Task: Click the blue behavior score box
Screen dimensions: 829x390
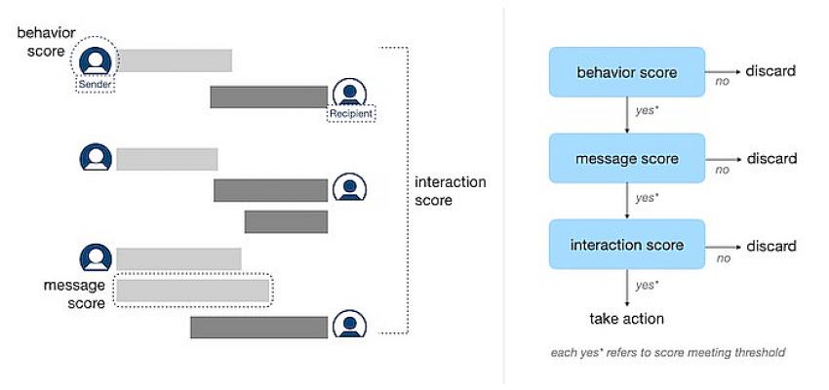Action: pyautogui.click(x=626, y=72)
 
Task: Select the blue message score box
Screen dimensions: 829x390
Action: pyautogui.click(x=626, y=159)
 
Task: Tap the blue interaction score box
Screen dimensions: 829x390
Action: pyautogui.click(x=626, y=245)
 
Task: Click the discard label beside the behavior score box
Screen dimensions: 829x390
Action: pyautogui.click(x=770, y=71)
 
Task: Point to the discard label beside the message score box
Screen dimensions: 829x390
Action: pyautogui.click(x=771, y=158)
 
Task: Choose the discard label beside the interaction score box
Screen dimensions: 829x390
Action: pyautogui.click(x=771, y=246)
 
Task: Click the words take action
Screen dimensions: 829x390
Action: pyautogui.click(x=626, y=319)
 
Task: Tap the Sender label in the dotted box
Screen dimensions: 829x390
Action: pyautogui.click(x=96, y=85)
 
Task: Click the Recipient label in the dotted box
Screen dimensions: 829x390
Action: pyautogui.click(x=351, y=114)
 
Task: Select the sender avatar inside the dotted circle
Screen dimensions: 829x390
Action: pyautogui.click(x=96, y=60)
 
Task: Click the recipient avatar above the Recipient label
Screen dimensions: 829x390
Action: pyautogui.click(x=349, y=92)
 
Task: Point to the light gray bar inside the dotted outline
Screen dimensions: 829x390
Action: pyautogui.click(x=193, y=291)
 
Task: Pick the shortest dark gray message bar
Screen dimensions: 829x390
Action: pyautogui.click(x=286, y=221)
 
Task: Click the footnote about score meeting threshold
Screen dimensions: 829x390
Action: pyautogui.click(x=668, y=353)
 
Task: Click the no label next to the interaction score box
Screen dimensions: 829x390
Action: pyautogui.click(x=724, y=258)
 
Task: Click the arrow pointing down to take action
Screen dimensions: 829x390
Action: pyautogui.click(x=626, y=288)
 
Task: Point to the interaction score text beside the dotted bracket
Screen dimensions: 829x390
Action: pyautogui.click(x=450, y=191)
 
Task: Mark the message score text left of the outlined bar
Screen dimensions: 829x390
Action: pyautogui.click(x=74, y=293)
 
